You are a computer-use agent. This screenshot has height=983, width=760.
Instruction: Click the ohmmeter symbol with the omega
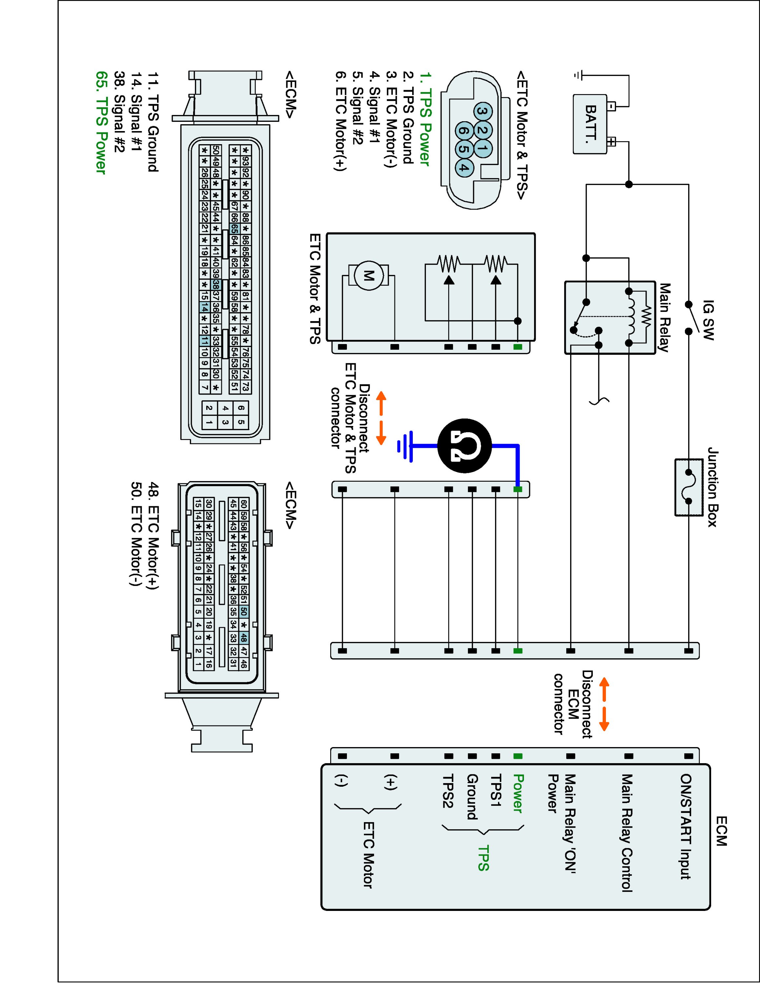[x=465, y=446]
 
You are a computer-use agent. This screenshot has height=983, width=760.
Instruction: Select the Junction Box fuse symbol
[x=689, y=487]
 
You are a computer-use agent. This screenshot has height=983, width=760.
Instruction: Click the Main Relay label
[x=664, y=317]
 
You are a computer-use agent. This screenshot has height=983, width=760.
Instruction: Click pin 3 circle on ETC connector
[x=482, y=111]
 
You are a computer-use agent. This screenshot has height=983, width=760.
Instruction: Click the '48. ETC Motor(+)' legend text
[x=153, y=536]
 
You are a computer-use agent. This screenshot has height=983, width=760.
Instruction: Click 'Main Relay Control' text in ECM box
[x=627, y=833]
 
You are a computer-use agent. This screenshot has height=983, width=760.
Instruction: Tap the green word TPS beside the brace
[x=483, y=858]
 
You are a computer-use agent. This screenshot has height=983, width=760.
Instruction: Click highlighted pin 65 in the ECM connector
[x=234, y=229]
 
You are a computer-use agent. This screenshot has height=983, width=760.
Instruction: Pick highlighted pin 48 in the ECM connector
[x=244, y=637]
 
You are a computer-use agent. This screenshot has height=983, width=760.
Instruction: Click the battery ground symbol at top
[x=578, y=75]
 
